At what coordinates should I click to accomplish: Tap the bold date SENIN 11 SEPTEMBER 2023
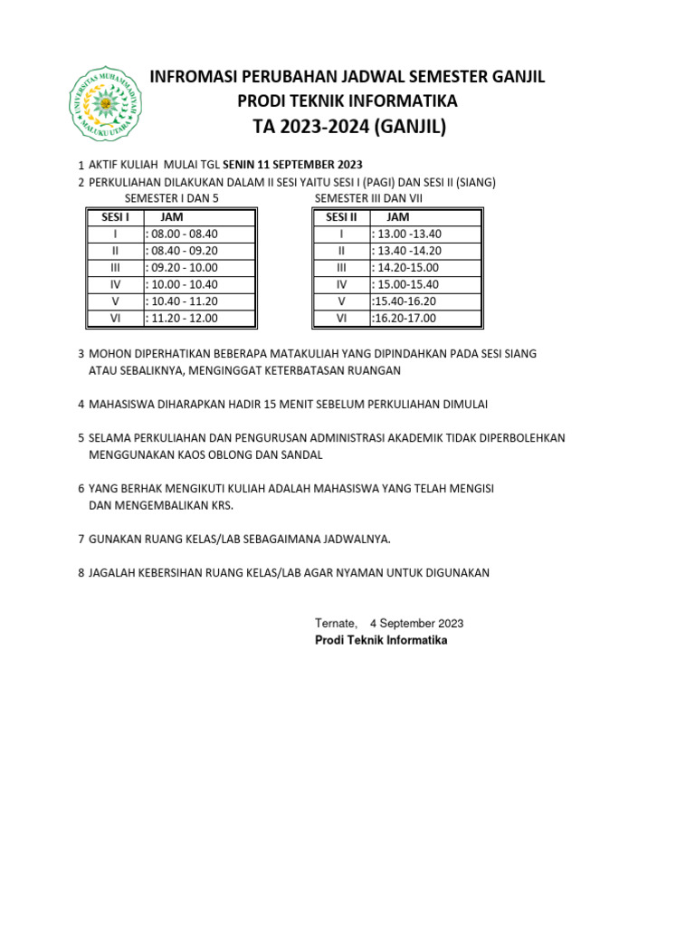(292, 164)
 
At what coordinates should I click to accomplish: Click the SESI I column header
(115, 216)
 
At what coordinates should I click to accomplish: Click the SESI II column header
(341, 216)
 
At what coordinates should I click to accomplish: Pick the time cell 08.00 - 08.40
(183, 234)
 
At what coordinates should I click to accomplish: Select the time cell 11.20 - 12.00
(183, 318)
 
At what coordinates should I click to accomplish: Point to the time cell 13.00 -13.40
(408, 234)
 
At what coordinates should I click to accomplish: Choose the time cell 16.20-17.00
(405, 318)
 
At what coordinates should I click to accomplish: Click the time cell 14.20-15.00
(406, 267)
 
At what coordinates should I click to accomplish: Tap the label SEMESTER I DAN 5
(171, 198)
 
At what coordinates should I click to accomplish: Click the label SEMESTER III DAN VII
(368, 198)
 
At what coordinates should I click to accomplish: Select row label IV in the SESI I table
(115, 284)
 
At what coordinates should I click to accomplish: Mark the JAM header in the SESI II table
(397, 216)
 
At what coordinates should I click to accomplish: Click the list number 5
(81, 438)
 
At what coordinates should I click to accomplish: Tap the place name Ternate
(336, 623)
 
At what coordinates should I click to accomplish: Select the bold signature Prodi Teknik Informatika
(381, 640)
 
